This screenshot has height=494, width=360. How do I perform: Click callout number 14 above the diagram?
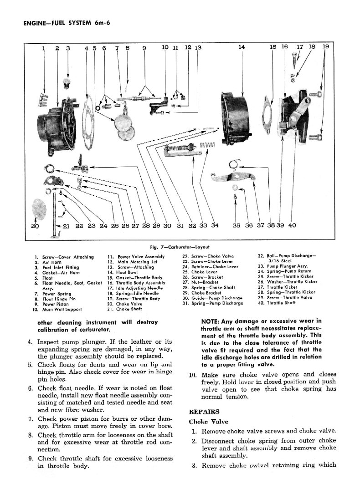[x=242, y=47]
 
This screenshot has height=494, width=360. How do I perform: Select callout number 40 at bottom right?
[x=292, y=225]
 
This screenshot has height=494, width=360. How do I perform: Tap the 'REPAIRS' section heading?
[x=201, y=412]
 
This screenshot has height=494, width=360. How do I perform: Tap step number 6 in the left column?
[x=30, y=388]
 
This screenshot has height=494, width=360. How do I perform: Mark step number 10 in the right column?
[x=192, y=376]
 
